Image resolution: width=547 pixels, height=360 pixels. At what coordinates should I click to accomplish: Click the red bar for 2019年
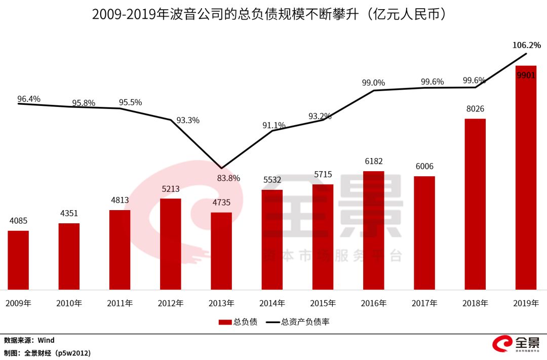pyautogui.click(x=526, y=177)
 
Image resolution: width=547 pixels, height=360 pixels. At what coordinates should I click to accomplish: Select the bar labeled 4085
pyautogui.click(x=18, y=260)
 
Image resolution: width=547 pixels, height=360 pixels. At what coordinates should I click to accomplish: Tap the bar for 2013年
pyautogui.click(x=221, y=251)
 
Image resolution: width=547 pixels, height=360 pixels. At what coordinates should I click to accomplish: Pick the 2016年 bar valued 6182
pyautogui.click(x=374, y=230)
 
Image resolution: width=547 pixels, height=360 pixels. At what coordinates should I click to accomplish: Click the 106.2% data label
pyautogui.click(x=526, y=45)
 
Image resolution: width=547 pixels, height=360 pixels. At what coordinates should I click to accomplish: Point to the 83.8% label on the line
pyautogui.click(x=229, y=178)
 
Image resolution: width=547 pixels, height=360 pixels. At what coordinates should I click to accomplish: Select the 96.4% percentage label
pyautogui.click(x=29, y=99)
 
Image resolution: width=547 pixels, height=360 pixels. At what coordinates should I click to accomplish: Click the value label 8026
pyautogui.click(x=475, y=109)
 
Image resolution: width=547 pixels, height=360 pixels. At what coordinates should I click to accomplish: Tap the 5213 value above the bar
pyautogui.click(x=170, y=189)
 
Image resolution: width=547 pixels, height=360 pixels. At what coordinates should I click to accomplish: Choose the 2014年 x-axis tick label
pyautogui.click(x=272, y=304)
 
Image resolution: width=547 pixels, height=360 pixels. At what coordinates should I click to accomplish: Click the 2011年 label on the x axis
pyautogui.click(x=120, y=304)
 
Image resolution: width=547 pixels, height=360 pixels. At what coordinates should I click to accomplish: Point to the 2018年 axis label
pyautogui.click(x=475, y=304)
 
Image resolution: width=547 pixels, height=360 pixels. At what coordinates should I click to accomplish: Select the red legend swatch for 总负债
pyautogui.click(x=225, y=322)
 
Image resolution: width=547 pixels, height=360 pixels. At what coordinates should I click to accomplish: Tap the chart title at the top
pyautogui.click(x=269, y=14)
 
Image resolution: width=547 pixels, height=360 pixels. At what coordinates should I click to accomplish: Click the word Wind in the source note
pyautogui.click(x=46, y=340)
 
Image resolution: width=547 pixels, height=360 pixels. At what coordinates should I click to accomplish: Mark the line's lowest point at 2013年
pyautogui.click(x=221, y=168)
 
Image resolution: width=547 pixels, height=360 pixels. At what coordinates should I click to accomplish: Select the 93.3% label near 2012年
pyautogui.click(x=188, y=121)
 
